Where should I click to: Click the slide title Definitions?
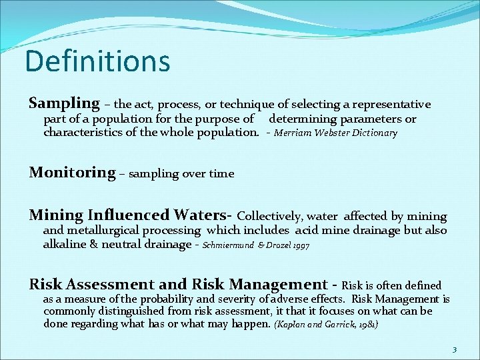click(97, 61)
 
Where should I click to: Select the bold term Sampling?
click(64, 103)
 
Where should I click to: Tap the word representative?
click(392, 105)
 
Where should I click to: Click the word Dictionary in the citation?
click(375, 133)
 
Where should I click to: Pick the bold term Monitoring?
click(72, 173)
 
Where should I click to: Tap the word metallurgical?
click(101, 231)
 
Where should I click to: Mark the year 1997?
click(301, 245)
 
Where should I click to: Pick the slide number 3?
click(454, 349)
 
